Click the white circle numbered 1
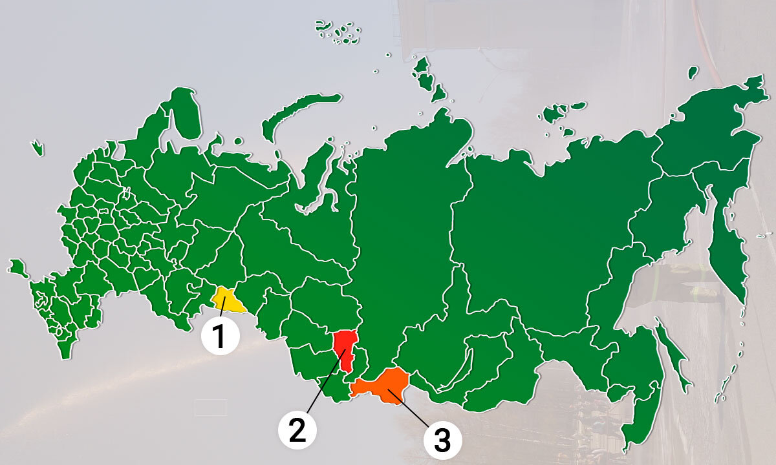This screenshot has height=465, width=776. click(220, 336)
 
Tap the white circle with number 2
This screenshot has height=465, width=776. click(297, 429)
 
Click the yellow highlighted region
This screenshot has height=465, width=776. click(229, 300)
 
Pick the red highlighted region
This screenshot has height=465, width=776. click(346, 349)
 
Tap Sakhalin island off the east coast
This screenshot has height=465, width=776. click(673, 355)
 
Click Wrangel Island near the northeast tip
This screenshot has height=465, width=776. click(693, 72)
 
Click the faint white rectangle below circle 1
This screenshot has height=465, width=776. click(210, 407)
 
